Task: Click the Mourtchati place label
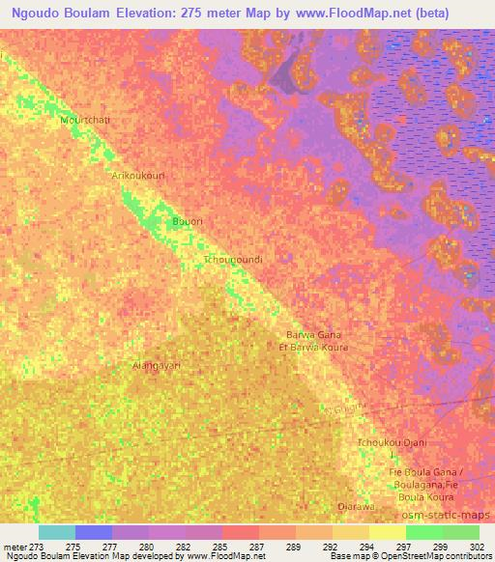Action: (x=85, y=119)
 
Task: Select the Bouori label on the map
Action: (x=187, y=222)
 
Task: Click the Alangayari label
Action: (x=157, y=366)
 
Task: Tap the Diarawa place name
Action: (x=356, y=506)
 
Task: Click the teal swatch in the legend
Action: (x=57, y=532)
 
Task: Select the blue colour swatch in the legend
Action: (x=94, y=532)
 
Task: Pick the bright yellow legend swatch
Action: (x=387, y=532)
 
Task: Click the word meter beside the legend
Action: (x=15, y=546)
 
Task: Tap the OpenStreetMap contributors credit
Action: (x=441, y=556)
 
